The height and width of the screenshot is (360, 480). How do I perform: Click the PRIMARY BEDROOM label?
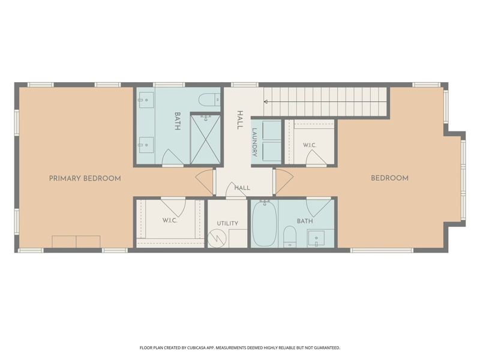[85, 178]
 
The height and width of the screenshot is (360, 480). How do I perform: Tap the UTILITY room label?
[227, 223]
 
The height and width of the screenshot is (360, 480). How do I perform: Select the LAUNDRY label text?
[254, 142]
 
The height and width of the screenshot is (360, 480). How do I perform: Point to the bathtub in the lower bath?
[265, 223]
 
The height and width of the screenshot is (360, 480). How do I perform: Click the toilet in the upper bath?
[209, 100]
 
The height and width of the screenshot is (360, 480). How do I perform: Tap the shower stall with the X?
[205, 139]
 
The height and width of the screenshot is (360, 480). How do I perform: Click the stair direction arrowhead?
[266, 101]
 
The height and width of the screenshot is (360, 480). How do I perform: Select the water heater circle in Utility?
[217, 239]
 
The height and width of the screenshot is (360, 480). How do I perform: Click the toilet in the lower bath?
[290, 236]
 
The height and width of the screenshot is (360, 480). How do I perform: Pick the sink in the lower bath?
[316, 238]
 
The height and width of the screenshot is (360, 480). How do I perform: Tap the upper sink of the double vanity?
[146, 100]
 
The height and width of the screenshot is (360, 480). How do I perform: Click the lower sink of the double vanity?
[146, 145]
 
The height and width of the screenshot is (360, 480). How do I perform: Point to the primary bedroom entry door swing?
[204, 182]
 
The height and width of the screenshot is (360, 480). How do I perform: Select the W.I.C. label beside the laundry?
[310, 145]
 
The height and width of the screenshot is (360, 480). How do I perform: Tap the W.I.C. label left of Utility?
[170, 220]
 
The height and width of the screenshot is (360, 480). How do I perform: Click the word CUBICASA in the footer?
[201, 348]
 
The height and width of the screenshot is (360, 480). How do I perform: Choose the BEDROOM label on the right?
[389, 178]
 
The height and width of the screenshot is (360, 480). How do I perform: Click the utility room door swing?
[235, 190]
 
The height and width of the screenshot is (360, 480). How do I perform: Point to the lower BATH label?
[305, 221]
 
